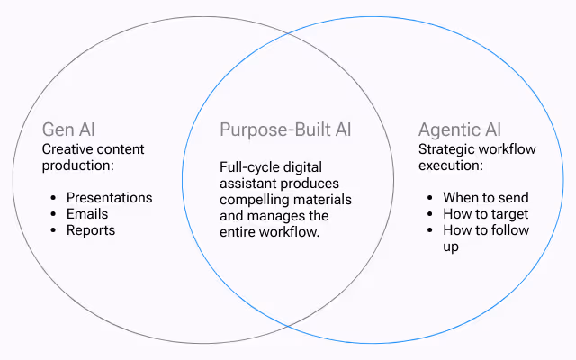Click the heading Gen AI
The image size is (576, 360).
[67, 130]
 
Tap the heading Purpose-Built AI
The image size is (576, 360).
[285, 130]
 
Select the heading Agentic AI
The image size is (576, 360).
[460, 130]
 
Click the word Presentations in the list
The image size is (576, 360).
[110, 198]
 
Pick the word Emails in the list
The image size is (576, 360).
[87, 214]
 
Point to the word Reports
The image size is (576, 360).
[91, 230]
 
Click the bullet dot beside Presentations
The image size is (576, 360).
[56, 198]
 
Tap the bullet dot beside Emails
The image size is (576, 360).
[56, 214]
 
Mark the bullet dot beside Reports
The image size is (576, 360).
[56, 230]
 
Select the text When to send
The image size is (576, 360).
[486, 198]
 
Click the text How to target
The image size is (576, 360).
[486, 214]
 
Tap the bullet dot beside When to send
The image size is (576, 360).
[432, 198]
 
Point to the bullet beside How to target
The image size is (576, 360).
[432, 214]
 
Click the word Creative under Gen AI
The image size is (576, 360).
[68, 149]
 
